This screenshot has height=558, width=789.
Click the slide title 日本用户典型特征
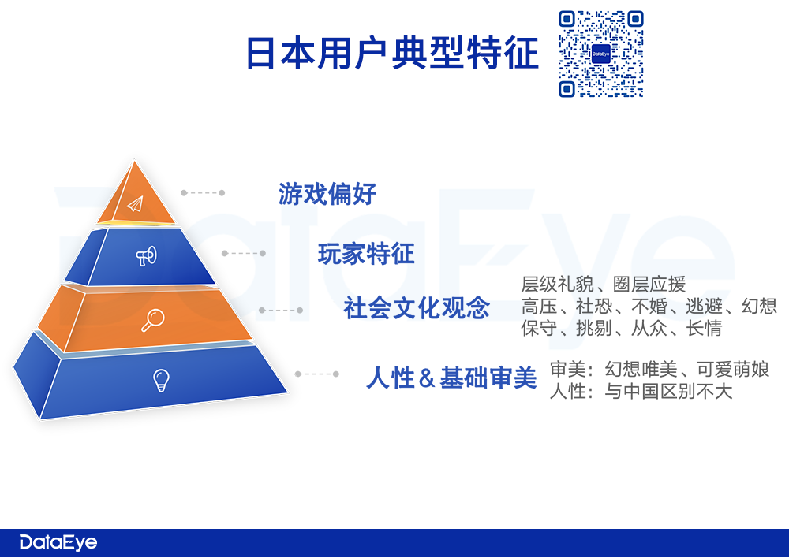click(x=392, y=53)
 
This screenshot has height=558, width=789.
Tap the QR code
click(x=600, y=54)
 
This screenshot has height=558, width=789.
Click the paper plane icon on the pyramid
click(x=136, y=203)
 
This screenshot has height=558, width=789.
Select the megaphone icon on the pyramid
click(x=147, y=256)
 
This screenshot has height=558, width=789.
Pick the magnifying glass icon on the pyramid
click(x=152, y=320)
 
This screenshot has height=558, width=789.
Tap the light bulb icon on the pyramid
click(x=161, y=380)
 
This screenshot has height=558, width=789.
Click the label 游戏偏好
click(x=327, y=194)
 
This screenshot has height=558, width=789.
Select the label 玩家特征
click(x=366, y=253)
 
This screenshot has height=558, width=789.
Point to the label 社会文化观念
click(x=417, y=307)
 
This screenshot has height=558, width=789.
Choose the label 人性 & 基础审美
click(x=452, y=378)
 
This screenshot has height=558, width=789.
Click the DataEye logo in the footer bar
click(x=58, y=542)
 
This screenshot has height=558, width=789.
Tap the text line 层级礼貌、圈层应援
click(x=604, y=285)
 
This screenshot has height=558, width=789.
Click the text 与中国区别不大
click(x=668, y=391)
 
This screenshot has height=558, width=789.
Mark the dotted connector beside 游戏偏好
click(x=203, y=192)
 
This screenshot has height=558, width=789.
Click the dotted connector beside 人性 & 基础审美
click(x=317, y=374)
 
